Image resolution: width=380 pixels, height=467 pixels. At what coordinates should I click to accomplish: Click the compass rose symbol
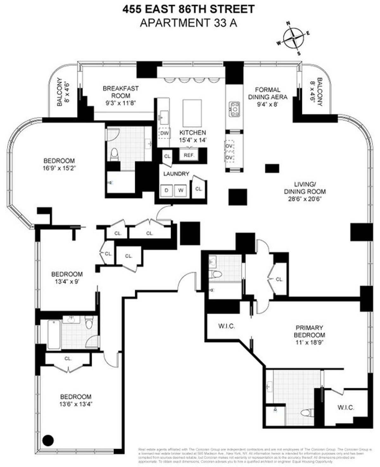coord(293,38)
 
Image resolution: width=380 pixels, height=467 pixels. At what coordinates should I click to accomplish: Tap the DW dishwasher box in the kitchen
coord(164,133)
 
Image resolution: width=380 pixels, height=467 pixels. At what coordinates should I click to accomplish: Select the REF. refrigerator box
coord(189,155)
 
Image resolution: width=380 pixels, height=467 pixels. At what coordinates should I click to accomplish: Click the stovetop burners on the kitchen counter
coord(235,109)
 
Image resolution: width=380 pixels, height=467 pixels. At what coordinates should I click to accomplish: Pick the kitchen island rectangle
coord(192,113)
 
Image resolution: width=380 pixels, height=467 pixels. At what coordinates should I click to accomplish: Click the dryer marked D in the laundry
coord(167,190)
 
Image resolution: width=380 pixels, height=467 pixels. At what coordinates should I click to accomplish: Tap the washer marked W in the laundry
coord(181,190)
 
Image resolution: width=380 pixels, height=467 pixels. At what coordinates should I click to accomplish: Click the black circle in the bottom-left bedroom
coord(48,440)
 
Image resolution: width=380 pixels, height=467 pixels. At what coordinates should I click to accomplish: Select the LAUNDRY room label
coord(176,174)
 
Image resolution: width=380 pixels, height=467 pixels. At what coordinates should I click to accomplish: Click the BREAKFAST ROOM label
coord(121,92)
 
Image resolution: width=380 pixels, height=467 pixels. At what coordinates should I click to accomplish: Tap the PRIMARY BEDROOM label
coord(309,331)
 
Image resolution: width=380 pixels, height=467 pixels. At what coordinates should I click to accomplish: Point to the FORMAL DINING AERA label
coord(268,93)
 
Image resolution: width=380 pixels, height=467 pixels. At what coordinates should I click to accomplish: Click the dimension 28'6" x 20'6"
coord(305,199)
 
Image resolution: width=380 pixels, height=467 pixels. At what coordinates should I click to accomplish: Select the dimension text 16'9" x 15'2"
coord(59,168)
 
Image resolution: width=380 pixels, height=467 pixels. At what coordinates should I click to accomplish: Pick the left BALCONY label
coord(62,92)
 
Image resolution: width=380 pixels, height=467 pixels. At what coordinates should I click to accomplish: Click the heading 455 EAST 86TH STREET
coord(188,9)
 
